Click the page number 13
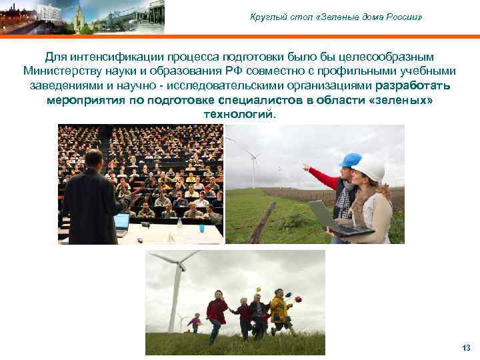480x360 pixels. point(466,348)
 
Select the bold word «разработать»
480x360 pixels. point(413,86)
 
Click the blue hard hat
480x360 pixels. point(350,160)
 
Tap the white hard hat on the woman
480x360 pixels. point(369,167)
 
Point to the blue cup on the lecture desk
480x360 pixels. point(201,227)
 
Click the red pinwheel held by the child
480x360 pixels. point(297,299)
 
